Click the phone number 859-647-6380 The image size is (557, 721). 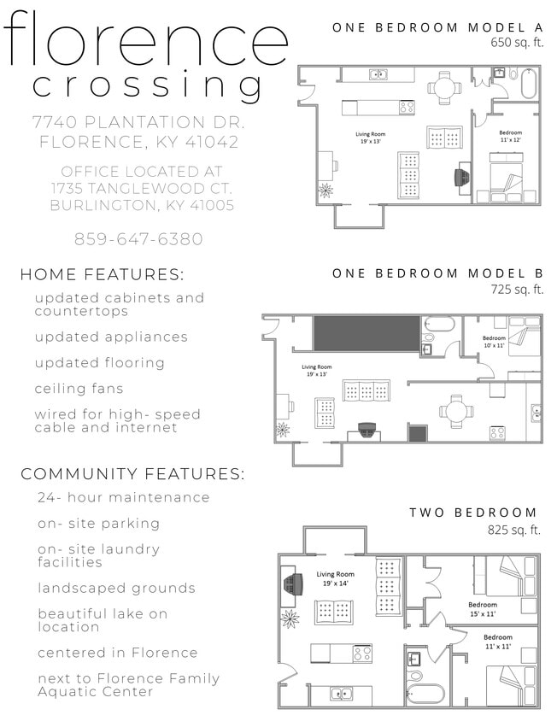coord(138,239)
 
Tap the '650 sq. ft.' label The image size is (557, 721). coord(517,41)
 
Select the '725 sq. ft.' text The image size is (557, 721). coord(517,290)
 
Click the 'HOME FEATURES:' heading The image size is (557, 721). coord(102,275)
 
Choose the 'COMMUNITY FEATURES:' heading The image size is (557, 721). coord(132,473)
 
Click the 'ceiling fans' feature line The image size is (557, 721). coord(79,389)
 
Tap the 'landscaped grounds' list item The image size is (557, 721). coord(116,588)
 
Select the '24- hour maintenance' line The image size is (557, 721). coord(123,497)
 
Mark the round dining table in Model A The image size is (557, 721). coord(443,86)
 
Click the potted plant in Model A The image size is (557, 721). coord(325,189)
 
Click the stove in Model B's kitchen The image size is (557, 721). coord(496,432)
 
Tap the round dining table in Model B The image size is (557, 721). coord(456,411)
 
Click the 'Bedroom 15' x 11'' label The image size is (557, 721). coord(482,609)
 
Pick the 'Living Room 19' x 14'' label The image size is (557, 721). coord(335,579)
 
